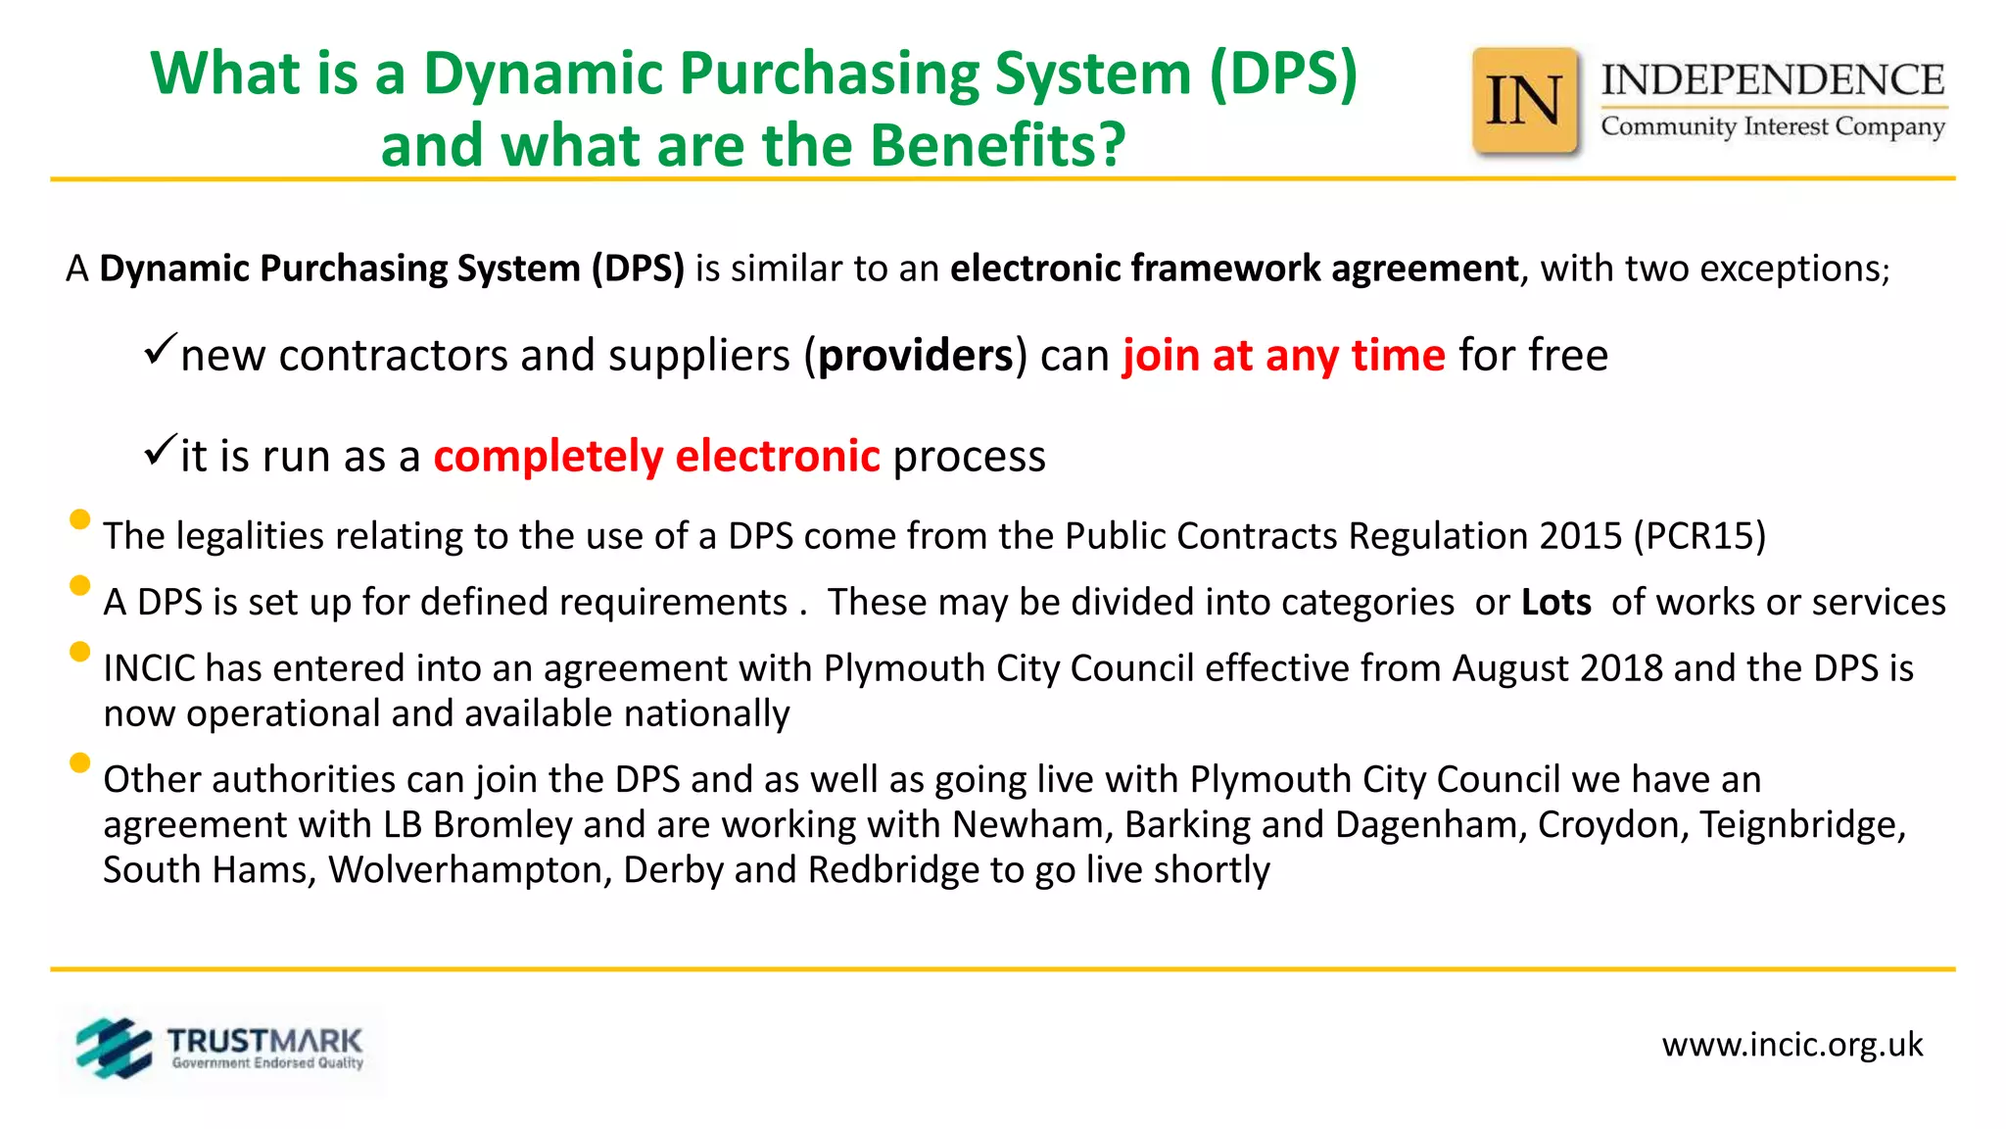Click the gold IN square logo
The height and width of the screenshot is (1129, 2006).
pos(1525,102)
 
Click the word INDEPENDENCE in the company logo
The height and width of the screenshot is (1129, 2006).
pos(1772,80)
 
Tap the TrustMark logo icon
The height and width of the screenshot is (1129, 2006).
pos(114,1048)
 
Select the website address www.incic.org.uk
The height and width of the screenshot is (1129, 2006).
pos(1791,1045)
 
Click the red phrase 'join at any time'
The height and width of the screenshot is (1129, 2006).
pos(1283,355)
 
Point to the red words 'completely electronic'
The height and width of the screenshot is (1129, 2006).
pos(656,457)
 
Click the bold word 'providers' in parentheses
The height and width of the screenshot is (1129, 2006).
pos(916,356)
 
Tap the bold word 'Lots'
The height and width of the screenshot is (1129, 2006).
pos(1555,602)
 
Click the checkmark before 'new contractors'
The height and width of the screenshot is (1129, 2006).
pos(160,350)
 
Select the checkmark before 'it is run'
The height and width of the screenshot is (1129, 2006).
pos(160,451)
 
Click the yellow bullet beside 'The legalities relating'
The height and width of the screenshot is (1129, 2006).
pos(80,519)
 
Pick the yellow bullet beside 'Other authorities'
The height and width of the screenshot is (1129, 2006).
pos(80,762)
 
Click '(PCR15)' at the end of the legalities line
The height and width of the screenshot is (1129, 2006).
pos(1699,536)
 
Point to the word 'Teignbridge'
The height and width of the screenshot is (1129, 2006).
pos(1802,825)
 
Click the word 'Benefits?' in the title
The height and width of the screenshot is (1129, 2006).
pos(998,145)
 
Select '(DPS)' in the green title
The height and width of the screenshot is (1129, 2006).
pos(1283,74)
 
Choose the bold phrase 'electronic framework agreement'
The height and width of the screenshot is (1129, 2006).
pos(1234,269)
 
